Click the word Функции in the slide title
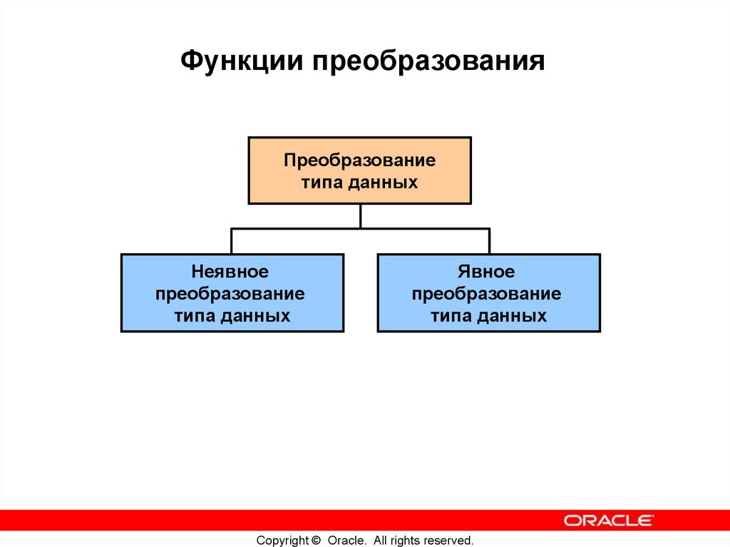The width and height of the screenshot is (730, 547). [x=240, y=61]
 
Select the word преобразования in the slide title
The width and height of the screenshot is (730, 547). [x=426, y=61]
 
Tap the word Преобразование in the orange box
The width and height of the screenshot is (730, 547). [x=359, y=160]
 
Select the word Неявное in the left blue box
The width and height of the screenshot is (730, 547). [x=230, y=272]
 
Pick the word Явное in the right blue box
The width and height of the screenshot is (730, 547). [x=487, y=272]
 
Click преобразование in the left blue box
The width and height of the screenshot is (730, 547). [x=230, y=294]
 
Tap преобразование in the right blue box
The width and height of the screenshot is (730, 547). [x=487, y=294]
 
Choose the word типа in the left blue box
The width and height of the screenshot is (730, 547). [x=194, y=316]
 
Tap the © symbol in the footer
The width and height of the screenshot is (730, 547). [x=317, y=541]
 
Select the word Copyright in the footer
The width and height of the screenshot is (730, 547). [x=282, y=541]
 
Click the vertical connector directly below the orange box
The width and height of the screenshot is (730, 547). [x=360, y=216]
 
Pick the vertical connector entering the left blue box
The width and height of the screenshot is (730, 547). [x=231, y=241]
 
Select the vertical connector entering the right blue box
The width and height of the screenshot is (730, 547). [x=489, y=241]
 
